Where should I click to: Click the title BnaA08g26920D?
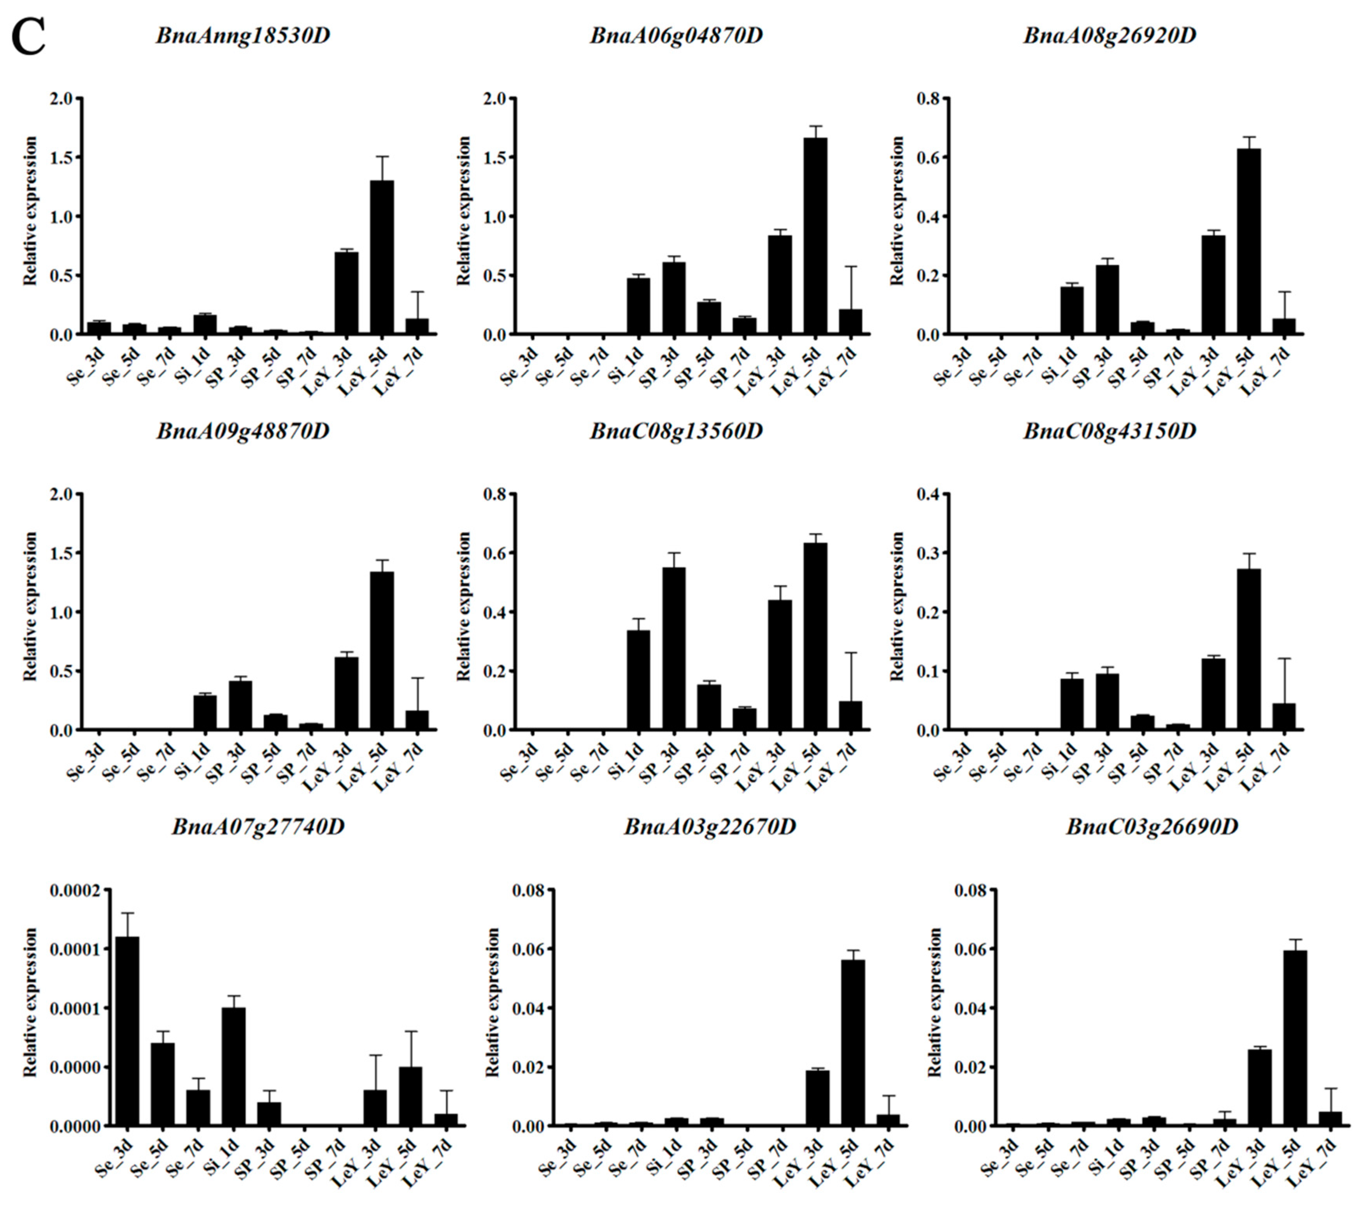coord(1110,35)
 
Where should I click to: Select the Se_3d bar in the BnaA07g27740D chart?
coord(127,1031)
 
